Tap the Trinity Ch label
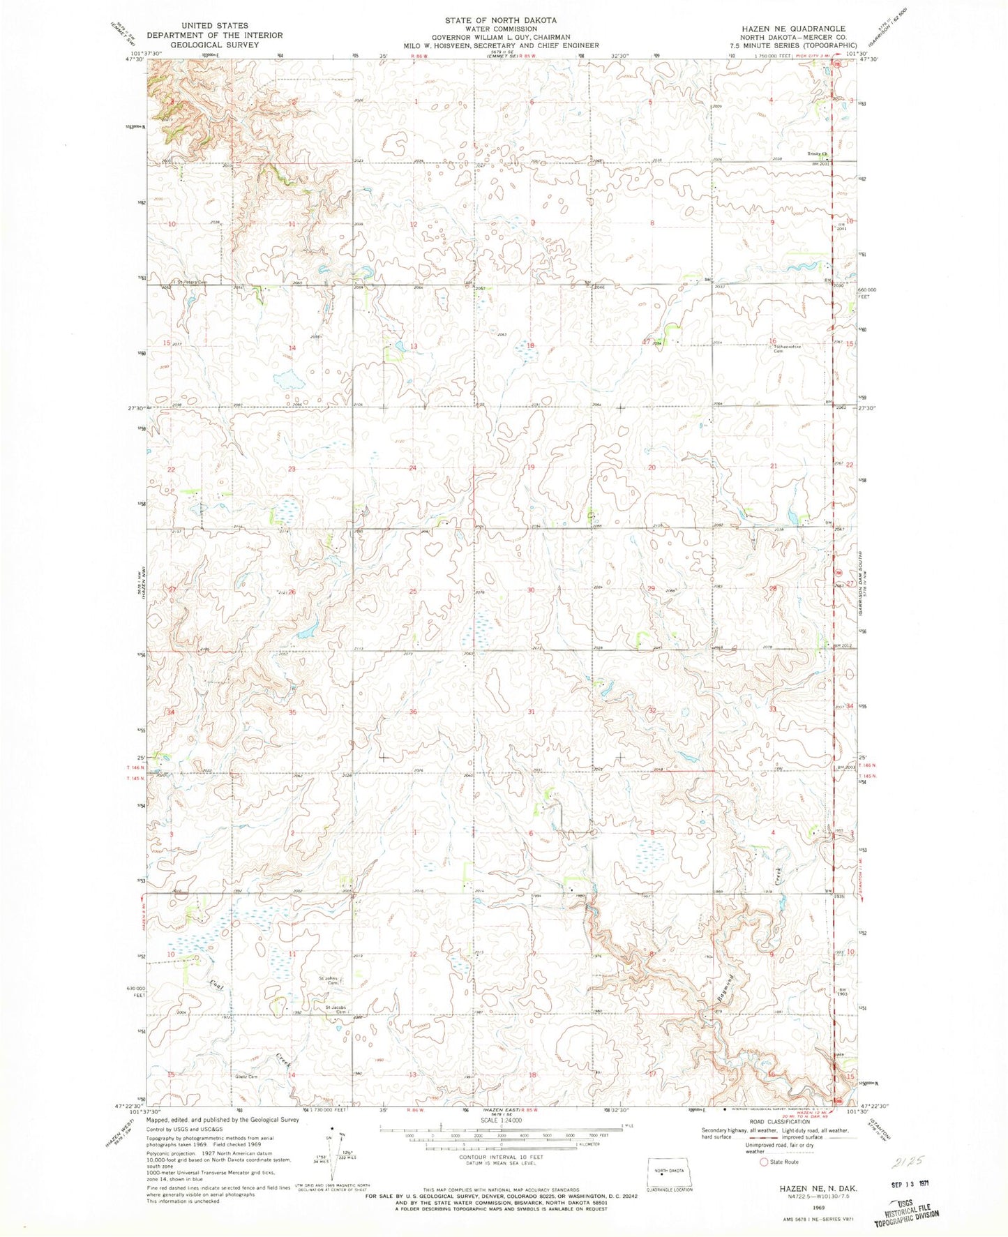tap(817, 154)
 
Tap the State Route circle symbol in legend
tap(764, 1162)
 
